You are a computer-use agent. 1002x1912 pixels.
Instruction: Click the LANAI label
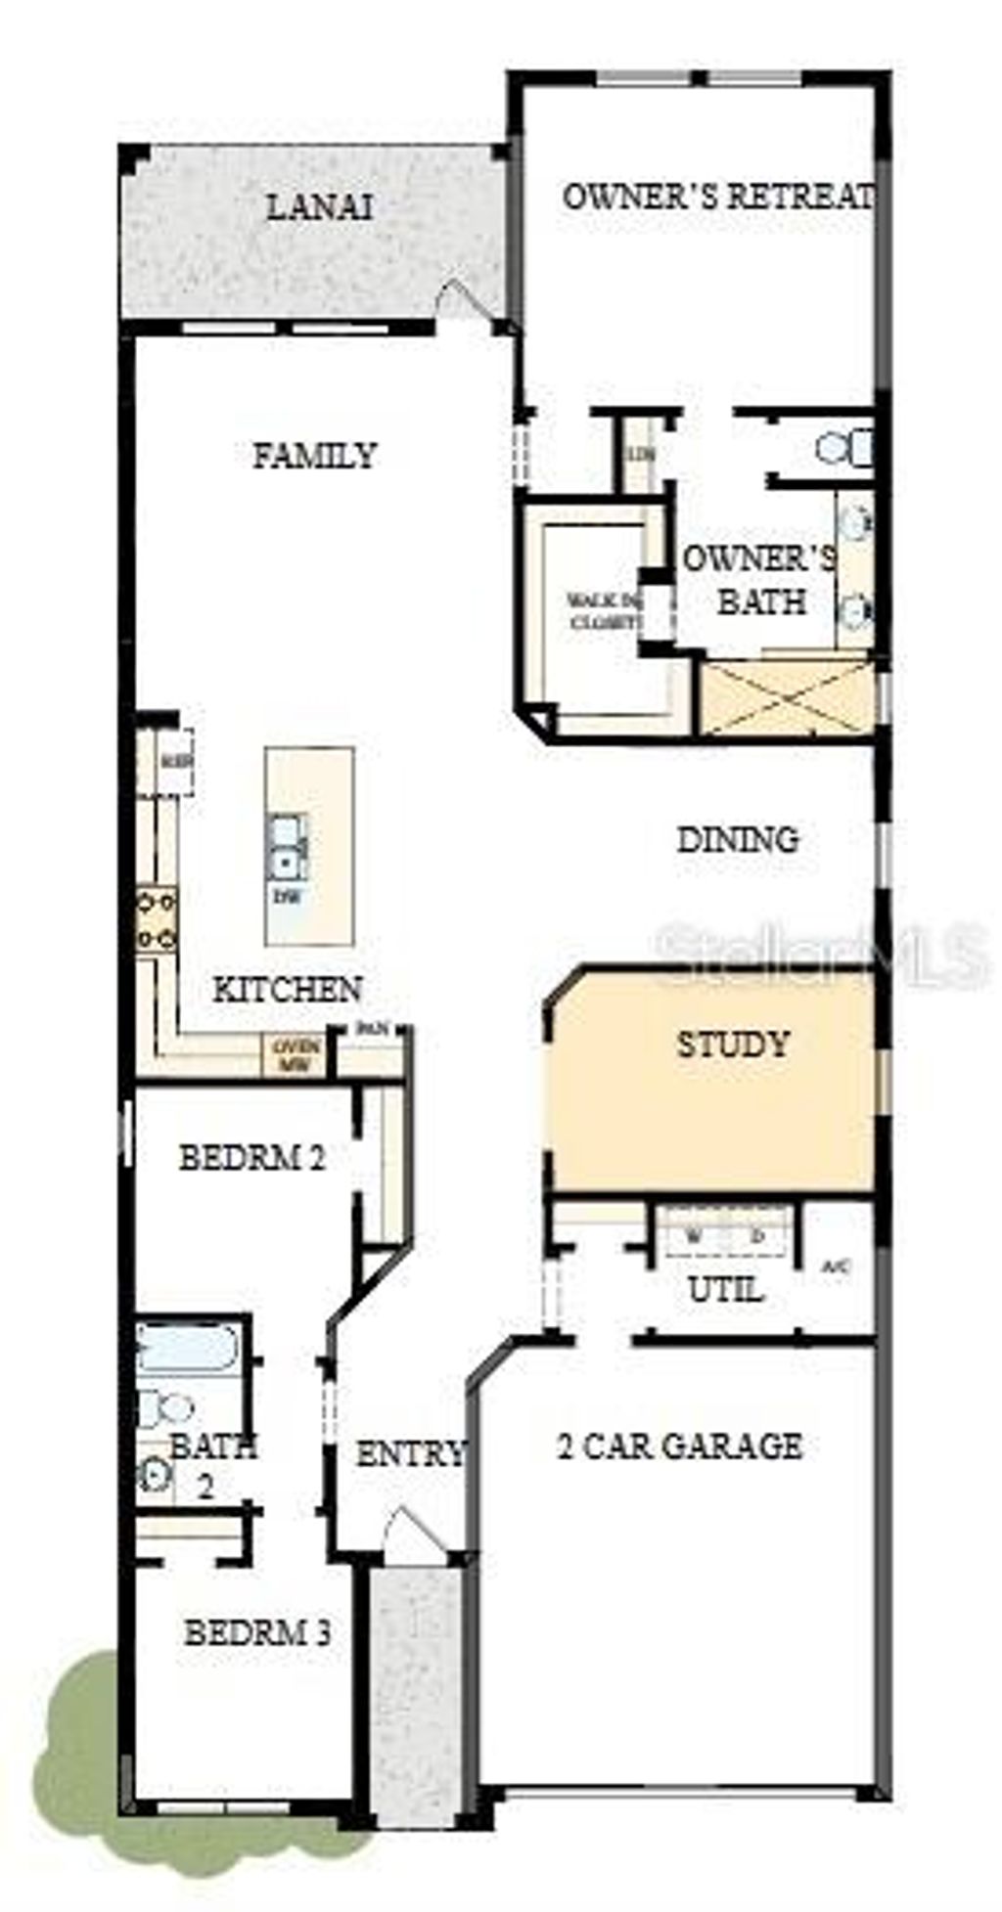[319, 207]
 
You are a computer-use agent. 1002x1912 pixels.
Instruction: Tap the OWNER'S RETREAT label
[717, 197]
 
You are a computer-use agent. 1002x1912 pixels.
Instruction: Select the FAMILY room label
[314, 456]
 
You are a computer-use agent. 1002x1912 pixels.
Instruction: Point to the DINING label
[738, 839]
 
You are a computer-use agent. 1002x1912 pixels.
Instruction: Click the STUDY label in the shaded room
[733, 1045]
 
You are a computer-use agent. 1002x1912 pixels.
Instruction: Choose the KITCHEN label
[288, 989]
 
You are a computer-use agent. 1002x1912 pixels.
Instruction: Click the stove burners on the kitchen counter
[157, 919]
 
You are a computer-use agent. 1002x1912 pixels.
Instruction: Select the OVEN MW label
[296, 1056]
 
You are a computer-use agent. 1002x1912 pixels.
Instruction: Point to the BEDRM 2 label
[251, 1158]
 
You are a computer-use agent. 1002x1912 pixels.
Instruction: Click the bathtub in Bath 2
[187, 1348]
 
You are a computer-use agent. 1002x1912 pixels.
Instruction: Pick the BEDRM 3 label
[257, 1632]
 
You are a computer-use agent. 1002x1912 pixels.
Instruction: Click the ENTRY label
[409, 1454]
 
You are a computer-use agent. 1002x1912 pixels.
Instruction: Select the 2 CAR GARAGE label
[680, 1445]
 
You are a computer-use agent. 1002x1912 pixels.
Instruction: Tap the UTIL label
[725, 1290]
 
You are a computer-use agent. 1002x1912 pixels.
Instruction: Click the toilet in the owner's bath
[843, 449]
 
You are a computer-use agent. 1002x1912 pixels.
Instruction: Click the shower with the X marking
[787, 697]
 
